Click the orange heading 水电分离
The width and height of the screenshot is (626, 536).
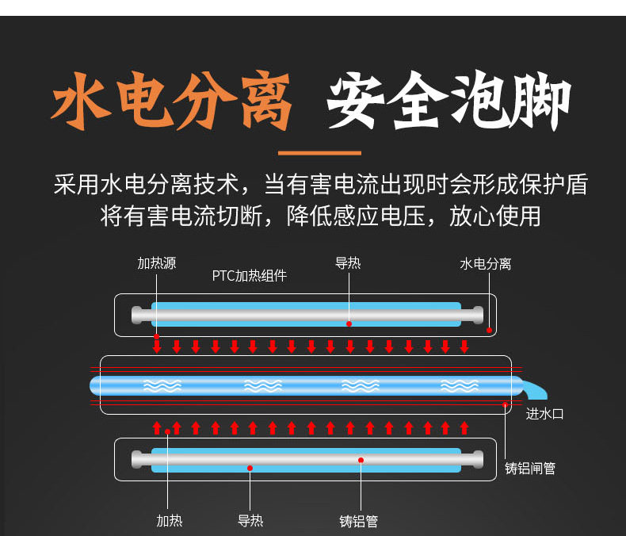[x=171, y=101]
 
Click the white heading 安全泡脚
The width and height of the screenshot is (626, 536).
[x=449, y=101]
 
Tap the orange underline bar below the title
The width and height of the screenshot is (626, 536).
[x=319, y=153]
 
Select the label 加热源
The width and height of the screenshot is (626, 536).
[x=157, y=263]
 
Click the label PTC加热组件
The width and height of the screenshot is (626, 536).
[x=249, y=276]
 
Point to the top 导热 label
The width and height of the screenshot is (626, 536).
[x=348, y=263]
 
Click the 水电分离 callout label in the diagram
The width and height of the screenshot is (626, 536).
[x=486, y=263]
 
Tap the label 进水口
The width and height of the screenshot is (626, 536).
[x=544, y=414]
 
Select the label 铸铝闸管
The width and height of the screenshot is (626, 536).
[x=530, y=468]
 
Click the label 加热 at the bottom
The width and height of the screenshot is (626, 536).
[x=170, y=521]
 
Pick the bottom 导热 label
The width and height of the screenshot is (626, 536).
[x=250, y=521]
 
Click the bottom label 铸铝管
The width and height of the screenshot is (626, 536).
[x=358, y=521]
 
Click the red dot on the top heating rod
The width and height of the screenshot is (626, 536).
[x=349, y=324]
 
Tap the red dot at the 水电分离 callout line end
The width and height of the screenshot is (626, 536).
[x=489, y=331]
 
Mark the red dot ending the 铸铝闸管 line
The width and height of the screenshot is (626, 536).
[x=505, y=404]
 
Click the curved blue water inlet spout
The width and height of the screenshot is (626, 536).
[x=535, y=389]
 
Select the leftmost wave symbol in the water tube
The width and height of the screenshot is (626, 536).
[x=162, y=386]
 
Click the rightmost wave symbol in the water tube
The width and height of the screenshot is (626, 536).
[x=459, y=386]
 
